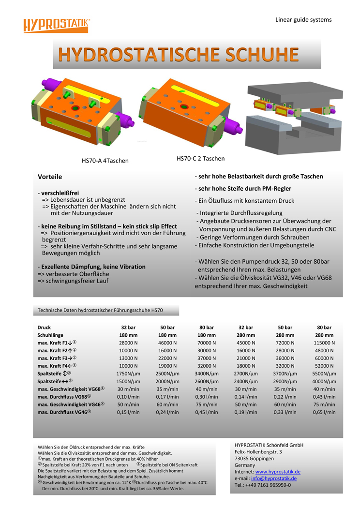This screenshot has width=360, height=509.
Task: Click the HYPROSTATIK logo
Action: point(57,25)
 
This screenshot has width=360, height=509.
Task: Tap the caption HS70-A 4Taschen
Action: point(105,161)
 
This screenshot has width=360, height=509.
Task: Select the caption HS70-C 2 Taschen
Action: point(200,159)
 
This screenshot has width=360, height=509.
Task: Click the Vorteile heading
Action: point(50,177)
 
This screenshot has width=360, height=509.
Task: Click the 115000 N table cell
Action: point(324,343)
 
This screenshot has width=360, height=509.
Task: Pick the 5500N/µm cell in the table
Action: point(324,374)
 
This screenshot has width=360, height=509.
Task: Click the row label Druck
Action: point(44,328)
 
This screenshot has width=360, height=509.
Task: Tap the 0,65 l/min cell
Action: point(324,412)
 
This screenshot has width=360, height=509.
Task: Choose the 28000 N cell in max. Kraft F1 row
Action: point(128,343)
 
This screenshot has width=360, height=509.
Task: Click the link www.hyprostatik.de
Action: point(278,472)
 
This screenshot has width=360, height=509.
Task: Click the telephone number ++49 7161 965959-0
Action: point(270,485)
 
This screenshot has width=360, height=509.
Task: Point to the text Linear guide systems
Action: point(303,20)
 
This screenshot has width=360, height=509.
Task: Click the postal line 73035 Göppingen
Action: point(254,459)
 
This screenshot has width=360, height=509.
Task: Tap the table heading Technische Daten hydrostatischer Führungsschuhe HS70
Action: point(100,310)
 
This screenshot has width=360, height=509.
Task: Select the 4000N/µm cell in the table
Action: point(324,382)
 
